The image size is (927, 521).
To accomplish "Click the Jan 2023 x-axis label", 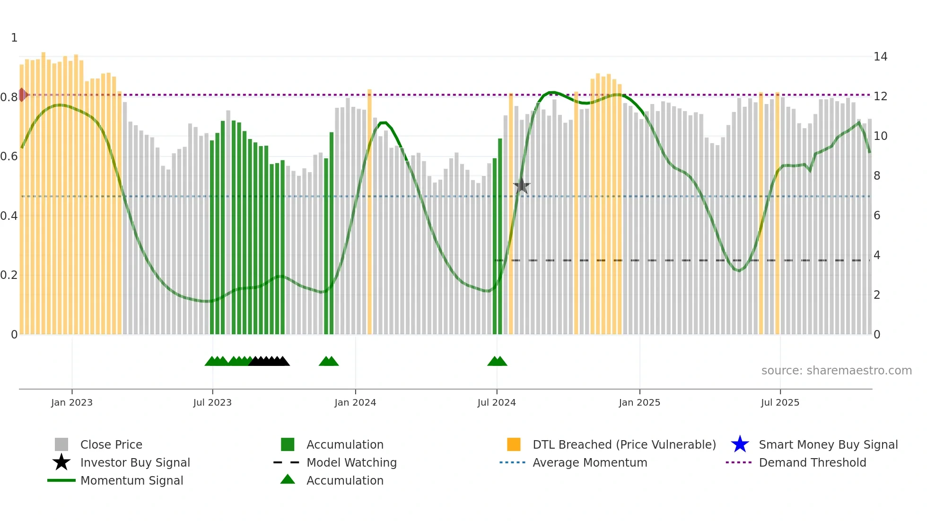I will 72,402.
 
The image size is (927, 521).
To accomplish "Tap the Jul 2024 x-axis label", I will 497,402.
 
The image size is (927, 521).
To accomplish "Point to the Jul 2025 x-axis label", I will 780,402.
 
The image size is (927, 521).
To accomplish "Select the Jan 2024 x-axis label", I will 355,402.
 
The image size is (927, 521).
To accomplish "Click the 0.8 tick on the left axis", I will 9,97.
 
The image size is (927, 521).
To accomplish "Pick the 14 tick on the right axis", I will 880,57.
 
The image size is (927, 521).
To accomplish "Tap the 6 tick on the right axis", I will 877,216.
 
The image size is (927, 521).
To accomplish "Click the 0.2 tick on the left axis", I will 9,275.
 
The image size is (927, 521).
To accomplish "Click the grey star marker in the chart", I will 522,186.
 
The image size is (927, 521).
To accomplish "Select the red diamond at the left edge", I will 22,95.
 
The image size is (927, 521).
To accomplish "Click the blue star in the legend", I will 740,444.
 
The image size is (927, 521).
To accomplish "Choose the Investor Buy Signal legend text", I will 135,462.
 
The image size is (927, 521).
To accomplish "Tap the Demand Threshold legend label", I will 812,462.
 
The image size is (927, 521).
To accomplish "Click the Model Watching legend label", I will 351,462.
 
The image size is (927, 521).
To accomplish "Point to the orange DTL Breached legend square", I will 514,444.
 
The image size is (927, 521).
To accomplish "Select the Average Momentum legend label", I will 590,462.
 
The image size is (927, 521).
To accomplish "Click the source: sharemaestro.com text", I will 836,371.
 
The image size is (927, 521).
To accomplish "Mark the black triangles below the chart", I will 269,361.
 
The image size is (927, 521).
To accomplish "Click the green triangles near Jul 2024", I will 497,361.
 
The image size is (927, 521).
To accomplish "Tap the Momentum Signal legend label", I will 131,480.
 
